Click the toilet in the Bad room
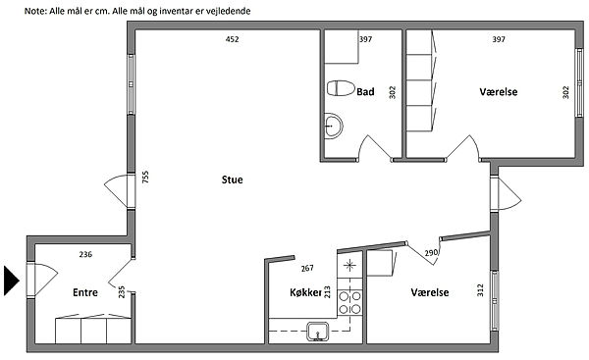tap(341, 88)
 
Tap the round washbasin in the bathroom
tap(333, 126)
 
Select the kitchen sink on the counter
tap(318, 332)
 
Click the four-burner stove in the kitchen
tap(349, 302)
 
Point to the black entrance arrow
tap(11, 281)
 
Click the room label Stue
tap(232, 180)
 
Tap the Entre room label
tap(85, 292)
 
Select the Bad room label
tap(365, 91)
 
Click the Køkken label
tap(305, 292)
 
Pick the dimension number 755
tap(145, 177)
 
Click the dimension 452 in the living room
tap(232, 39)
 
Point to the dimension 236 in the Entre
tap(85, 254)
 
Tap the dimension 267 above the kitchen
tap(307, 268)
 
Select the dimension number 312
tap(480, 289)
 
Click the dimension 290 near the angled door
tap(431, 253)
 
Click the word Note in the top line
tap(35, 11)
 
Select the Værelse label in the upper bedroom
tap(499, 91)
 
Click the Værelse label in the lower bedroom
tap(430, 292)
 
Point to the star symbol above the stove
tap(349, 266)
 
